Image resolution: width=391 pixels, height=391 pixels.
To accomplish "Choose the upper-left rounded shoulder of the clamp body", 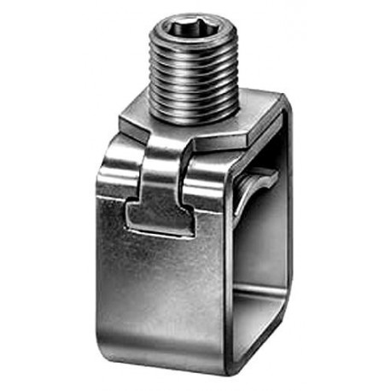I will point(111,158).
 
